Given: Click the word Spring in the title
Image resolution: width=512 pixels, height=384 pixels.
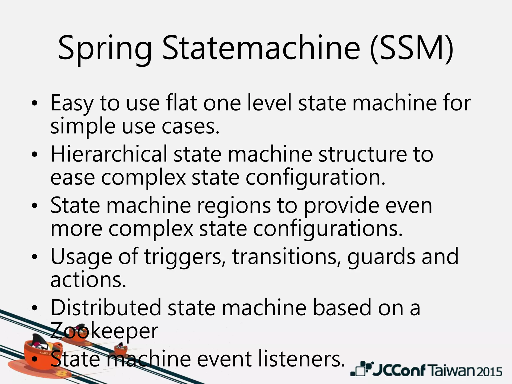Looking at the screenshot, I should pyautogui.click(x=105, y=49).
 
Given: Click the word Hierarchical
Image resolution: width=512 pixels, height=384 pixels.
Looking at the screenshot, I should pyautogui.click(x=109, y=154).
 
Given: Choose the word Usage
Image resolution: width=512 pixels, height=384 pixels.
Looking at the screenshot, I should pyautogui.click(x=81, y=257).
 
